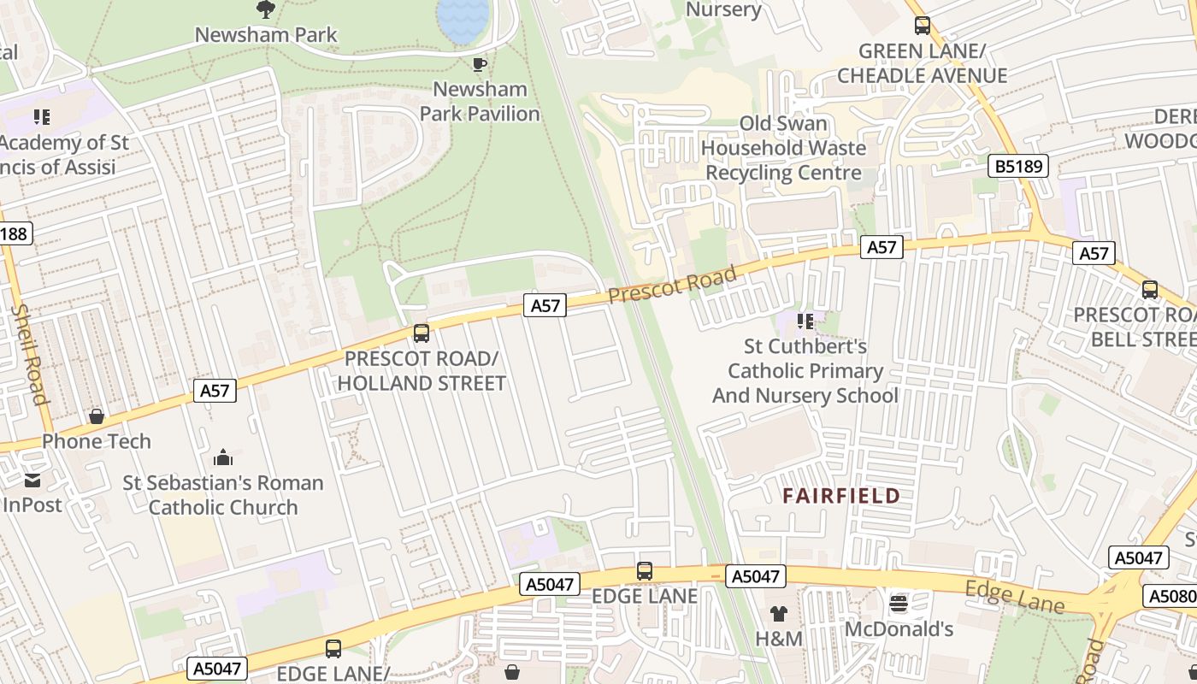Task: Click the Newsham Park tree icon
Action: [x=266, y=9]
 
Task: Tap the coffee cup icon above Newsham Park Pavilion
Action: [x=480, y=64]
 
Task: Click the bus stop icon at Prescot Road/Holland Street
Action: [x=421, y=333]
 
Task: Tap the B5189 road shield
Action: [x=1019, y=166]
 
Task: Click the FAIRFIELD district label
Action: [x=842, y=496]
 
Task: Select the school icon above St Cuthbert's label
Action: [x=805, y=321]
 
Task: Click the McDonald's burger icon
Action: [x=898, y=604]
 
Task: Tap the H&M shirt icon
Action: [x=779, y=613]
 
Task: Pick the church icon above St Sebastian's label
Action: [x=223, y=457]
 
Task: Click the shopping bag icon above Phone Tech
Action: [x=97, y=416]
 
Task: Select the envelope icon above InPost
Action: [x=32, y=481]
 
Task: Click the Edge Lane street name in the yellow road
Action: [x=1015, y=597]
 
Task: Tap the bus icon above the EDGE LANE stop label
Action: [x=645, y=570]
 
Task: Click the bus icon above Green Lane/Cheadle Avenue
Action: [x=922, y=26]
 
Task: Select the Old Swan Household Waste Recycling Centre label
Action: [x=783, y=148]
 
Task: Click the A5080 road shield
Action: [x=1170, y=596]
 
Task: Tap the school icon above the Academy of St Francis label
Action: [x=41, y=116]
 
